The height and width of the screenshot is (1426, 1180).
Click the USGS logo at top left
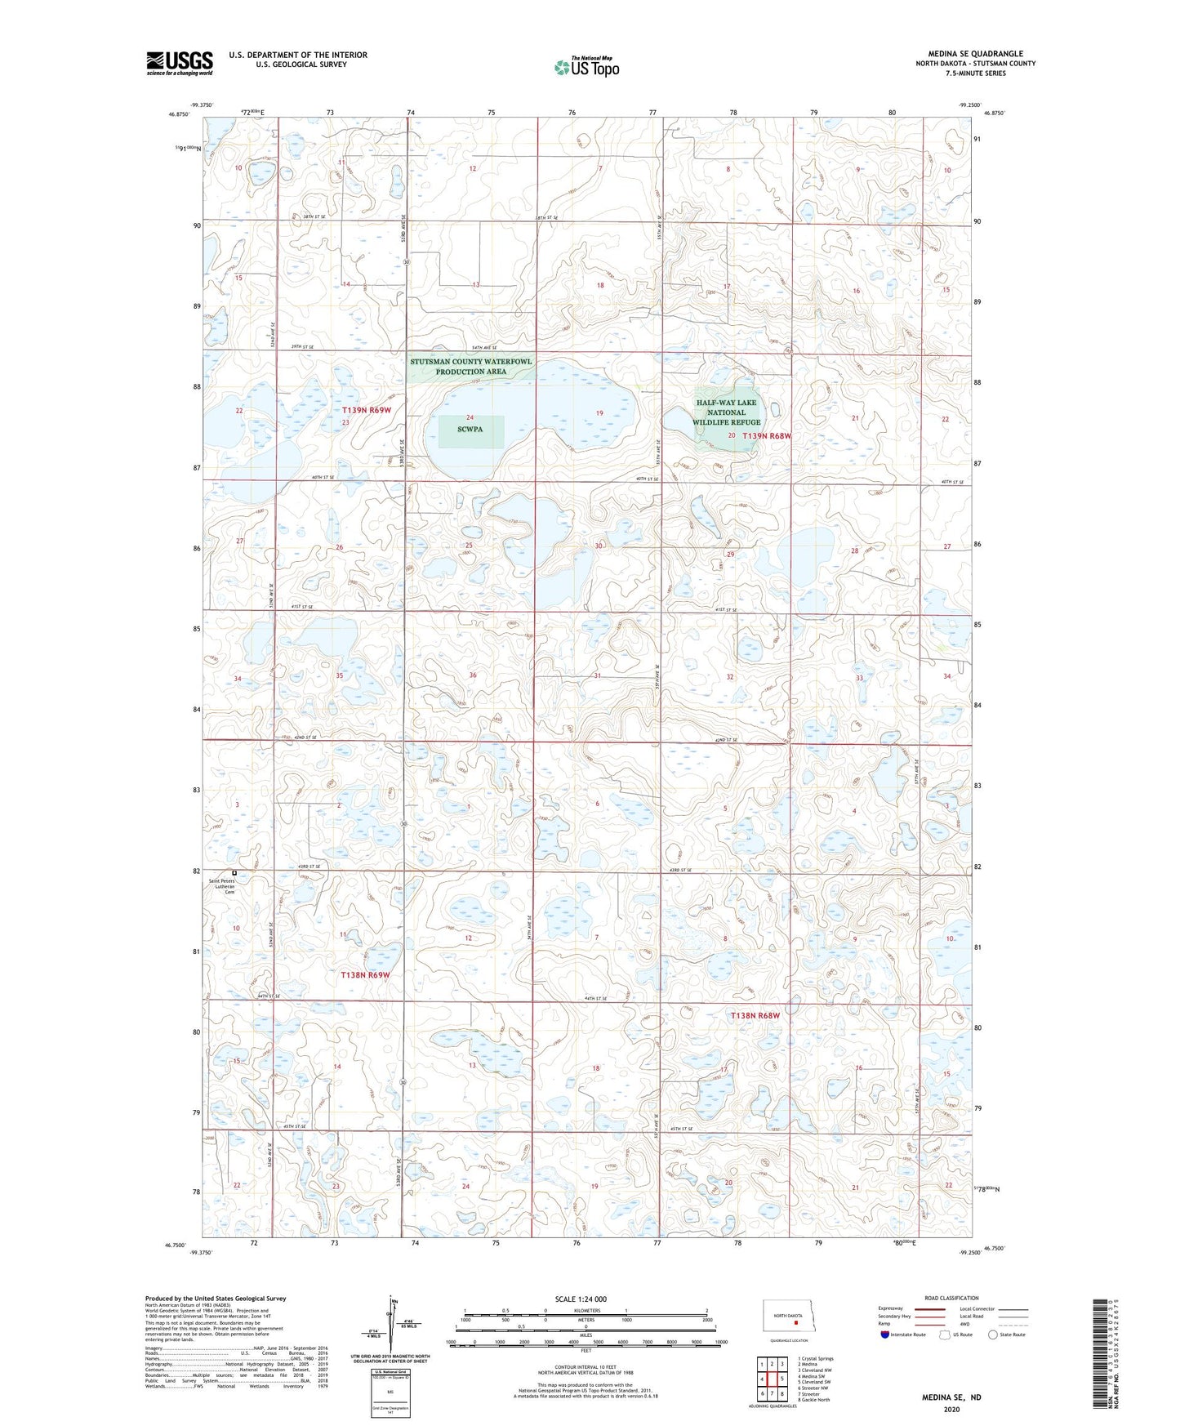(179, 63)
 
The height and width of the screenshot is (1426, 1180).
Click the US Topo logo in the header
(586, 67)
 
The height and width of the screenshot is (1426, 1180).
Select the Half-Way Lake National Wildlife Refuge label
(726, 412)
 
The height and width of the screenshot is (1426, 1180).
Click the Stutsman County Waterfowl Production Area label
(471, 366)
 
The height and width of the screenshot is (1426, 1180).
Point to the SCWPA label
(470, 429)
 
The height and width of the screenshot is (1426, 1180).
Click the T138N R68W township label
(755, 1015)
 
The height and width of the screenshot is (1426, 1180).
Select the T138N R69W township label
(365, 975)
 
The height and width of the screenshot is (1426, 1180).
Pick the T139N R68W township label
(767, 436)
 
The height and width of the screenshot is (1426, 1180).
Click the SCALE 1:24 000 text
(581, 1299)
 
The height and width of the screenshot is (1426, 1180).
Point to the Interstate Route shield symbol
(886, 1335)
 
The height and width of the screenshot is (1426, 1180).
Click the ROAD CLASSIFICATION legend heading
(951, 1298)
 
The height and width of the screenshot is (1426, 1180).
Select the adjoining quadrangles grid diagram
(772, 1379)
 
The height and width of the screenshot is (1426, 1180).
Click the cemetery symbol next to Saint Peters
(234, 872)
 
